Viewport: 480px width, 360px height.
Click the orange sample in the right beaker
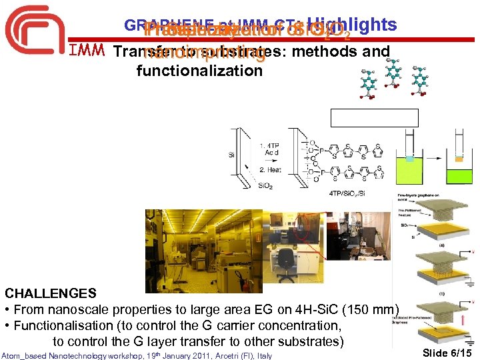click(x=459, y=158)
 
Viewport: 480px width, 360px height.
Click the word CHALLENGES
click(x=51, y=293)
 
